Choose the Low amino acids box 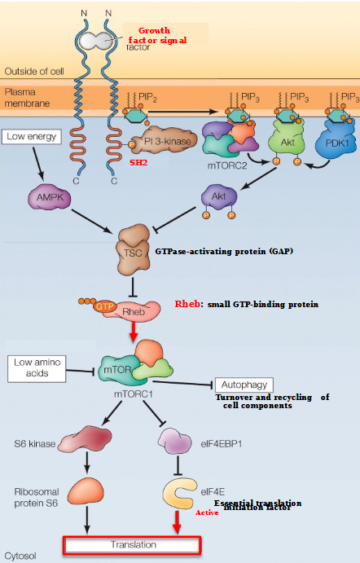pos(36,367)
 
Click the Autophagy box pos(244,384)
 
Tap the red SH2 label pos(138,163)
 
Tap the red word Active pos(207,512)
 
